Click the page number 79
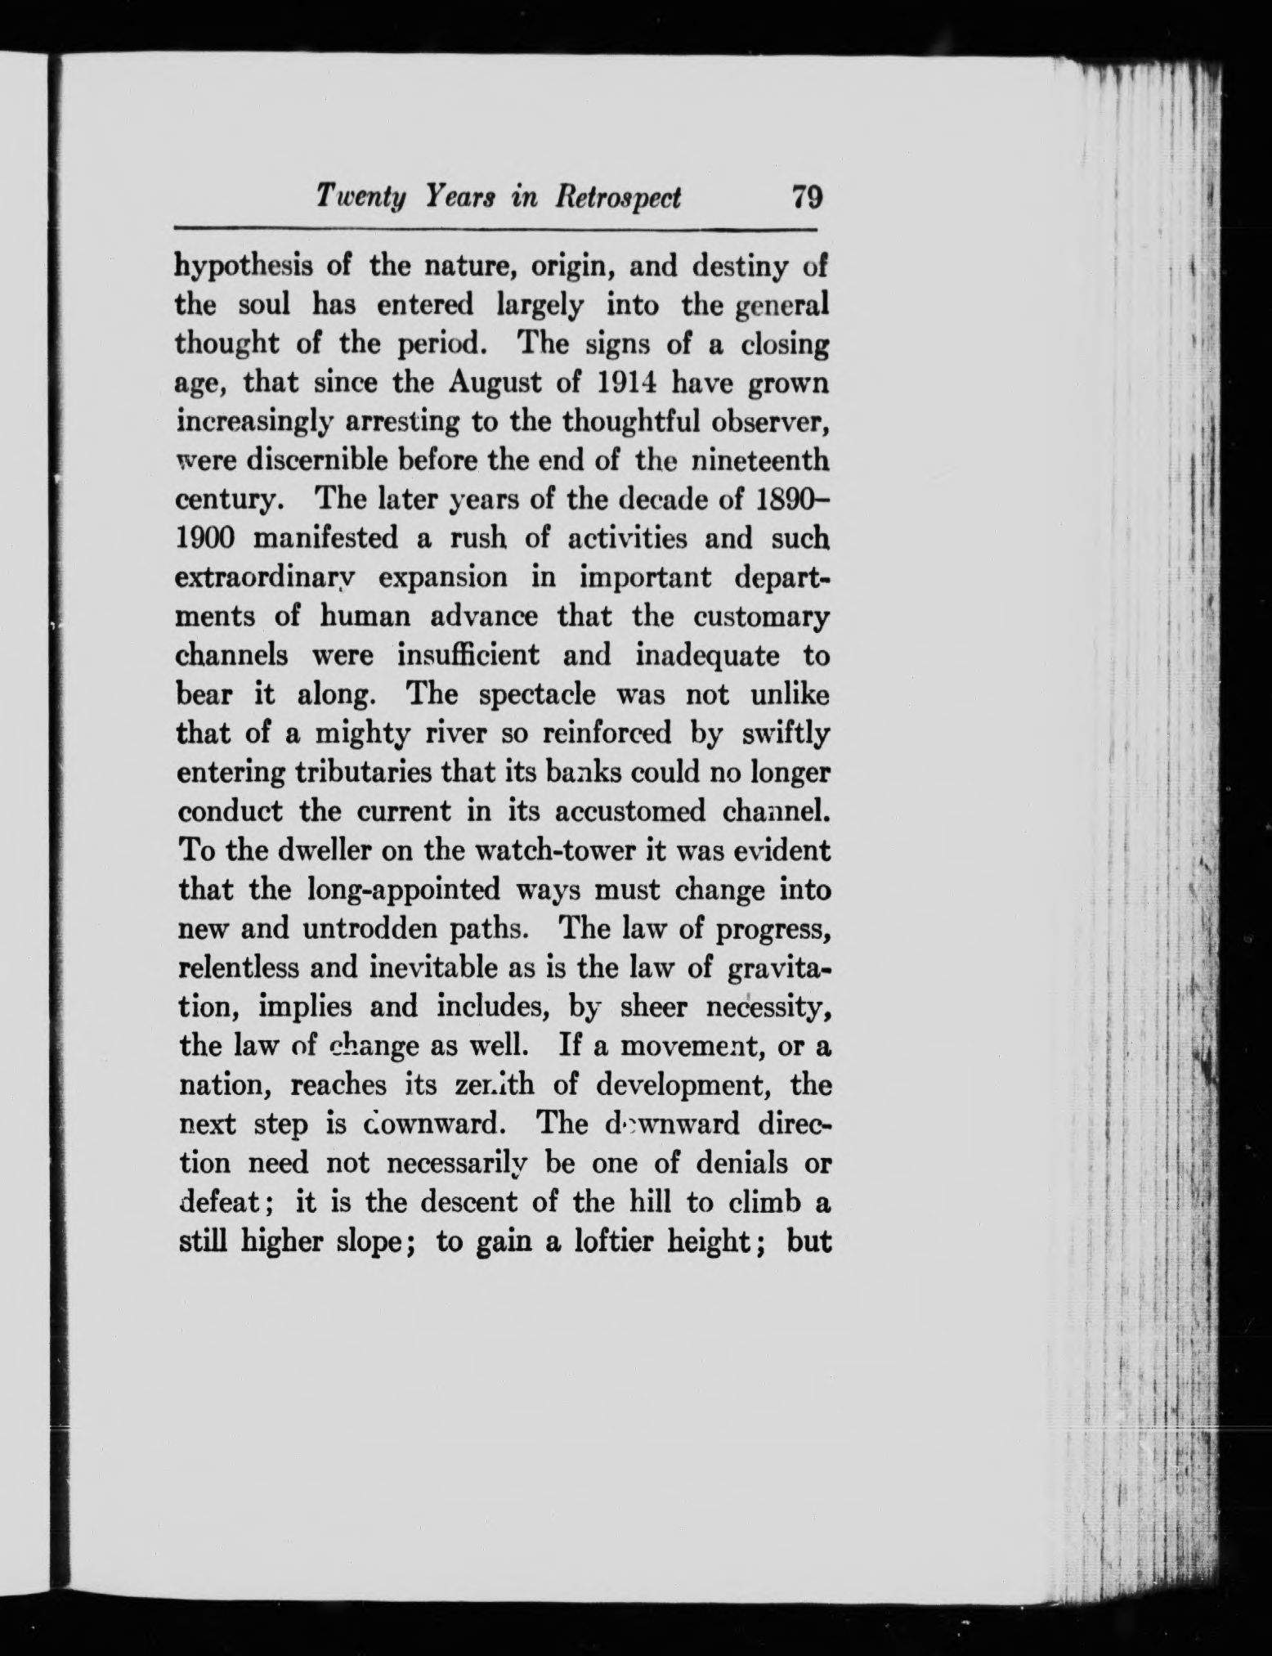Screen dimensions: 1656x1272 (x=806, y=199)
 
